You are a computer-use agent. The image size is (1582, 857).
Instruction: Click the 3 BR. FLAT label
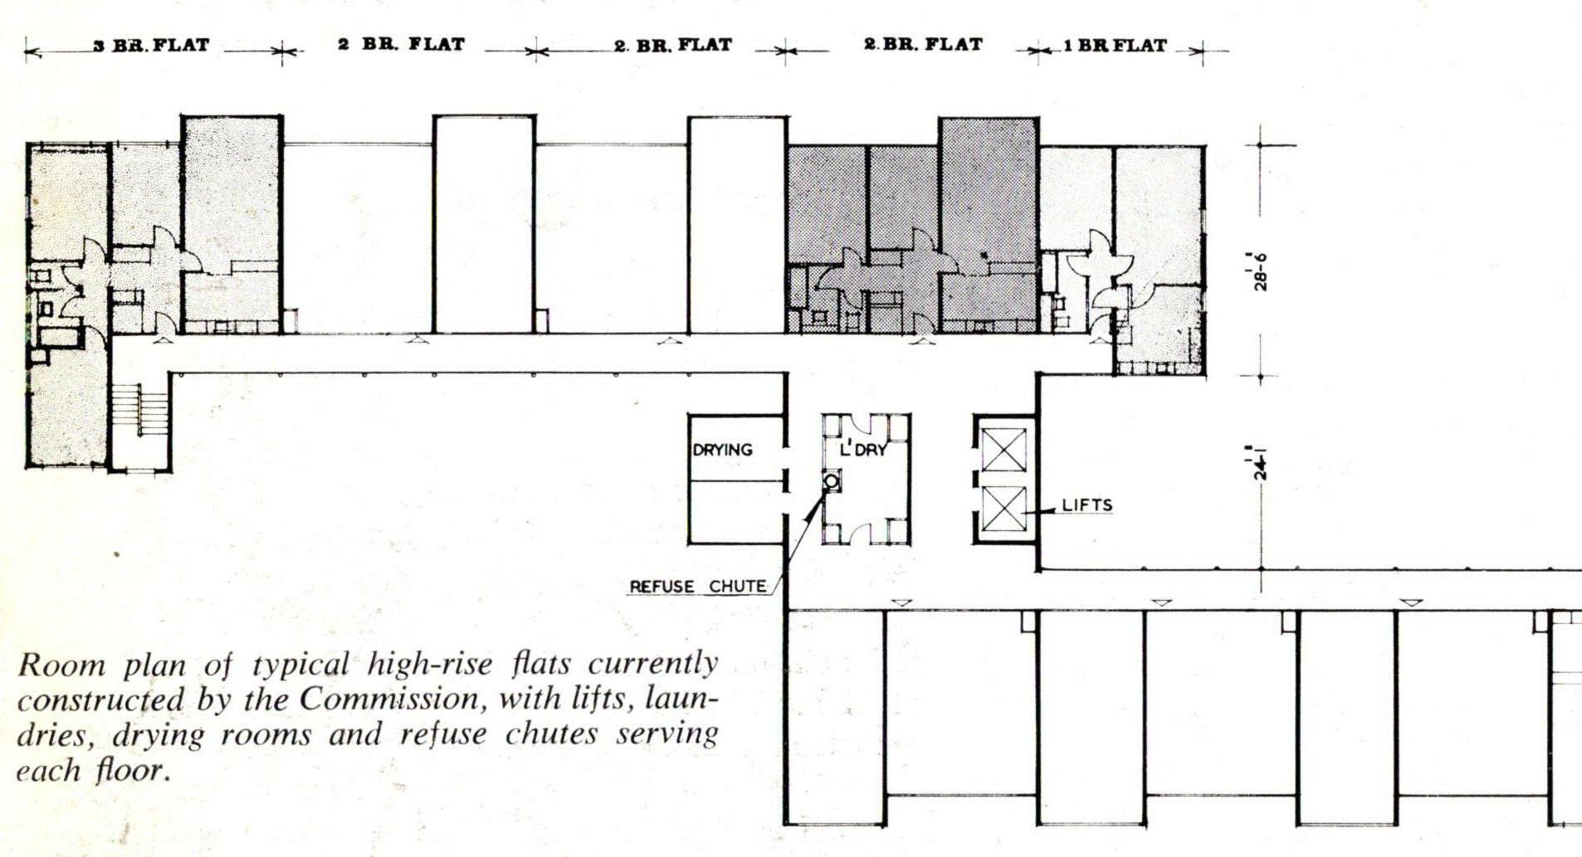151,45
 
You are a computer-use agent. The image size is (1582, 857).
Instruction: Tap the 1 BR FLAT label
1116,46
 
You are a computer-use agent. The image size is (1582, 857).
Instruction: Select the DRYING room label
722,450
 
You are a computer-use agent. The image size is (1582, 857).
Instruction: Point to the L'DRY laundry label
863,450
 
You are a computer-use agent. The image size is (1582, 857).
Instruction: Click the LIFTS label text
1086,505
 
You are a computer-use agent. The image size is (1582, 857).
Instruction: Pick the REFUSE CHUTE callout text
697,587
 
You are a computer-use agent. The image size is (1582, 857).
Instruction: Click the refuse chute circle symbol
830,481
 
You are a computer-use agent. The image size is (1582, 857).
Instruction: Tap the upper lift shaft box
1003,450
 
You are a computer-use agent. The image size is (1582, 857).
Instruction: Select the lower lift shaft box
1003,509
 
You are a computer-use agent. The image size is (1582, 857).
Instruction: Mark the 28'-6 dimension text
1261,270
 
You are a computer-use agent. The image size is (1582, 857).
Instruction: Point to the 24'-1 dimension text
1261,463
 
